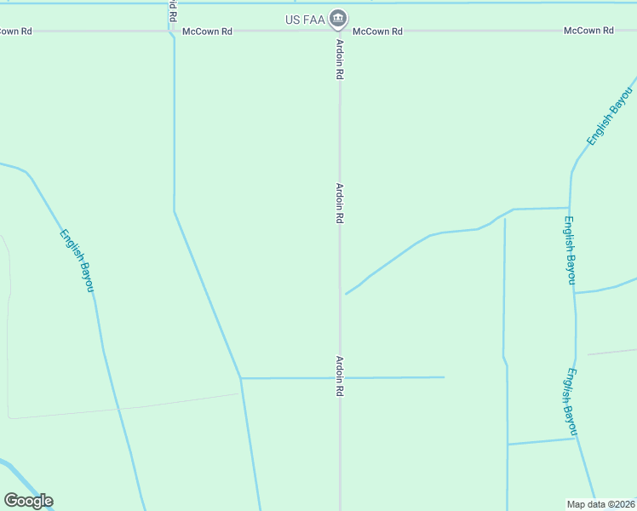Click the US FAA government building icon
tap(339, 19)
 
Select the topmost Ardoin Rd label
tap(339, 60)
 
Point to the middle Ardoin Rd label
tap(339, 204)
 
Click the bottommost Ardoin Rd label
tap(339, 376)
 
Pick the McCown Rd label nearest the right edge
tap(588, 31)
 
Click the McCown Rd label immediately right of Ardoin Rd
tap(377, 32)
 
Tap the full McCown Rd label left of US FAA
tap(207, 32)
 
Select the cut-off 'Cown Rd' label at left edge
tap(15, 32)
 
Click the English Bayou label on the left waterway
tap(77, 261)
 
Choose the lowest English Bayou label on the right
tap(569, 402)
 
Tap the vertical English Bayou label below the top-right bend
tap(569, 250)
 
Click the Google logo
tap(28, 501)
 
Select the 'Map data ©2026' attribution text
tap(600, 503)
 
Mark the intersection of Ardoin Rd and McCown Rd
tap(340, 32)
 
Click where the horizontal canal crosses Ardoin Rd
tap(340, 377)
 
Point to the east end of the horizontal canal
tap(444, 377)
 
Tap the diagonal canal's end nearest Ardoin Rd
tap(346, 294)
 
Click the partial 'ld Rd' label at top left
tap(173, 11)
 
